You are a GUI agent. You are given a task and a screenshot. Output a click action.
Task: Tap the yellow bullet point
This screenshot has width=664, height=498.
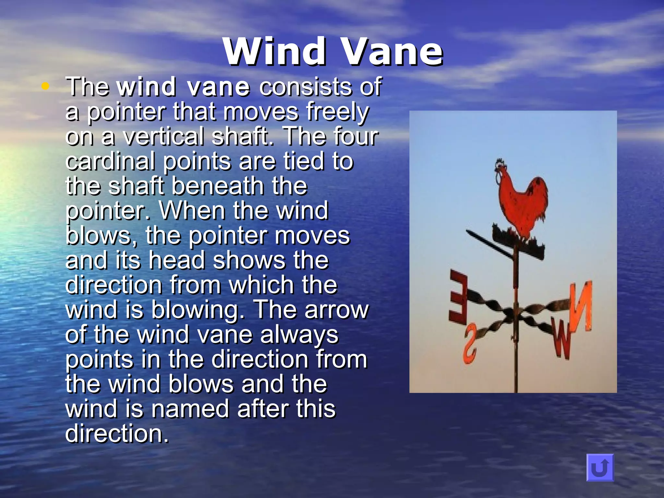click(x=45, y=86)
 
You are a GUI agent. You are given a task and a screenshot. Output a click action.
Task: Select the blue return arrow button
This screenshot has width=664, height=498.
click(x=600, y=467)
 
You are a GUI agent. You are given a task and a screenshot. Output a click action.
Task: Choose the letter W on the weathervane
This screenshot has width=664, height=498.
click(x=562, y=340)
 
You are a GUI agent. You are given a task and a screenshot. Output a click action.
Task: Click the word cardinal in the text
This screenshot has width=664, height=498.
click(x=110, y=161)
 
